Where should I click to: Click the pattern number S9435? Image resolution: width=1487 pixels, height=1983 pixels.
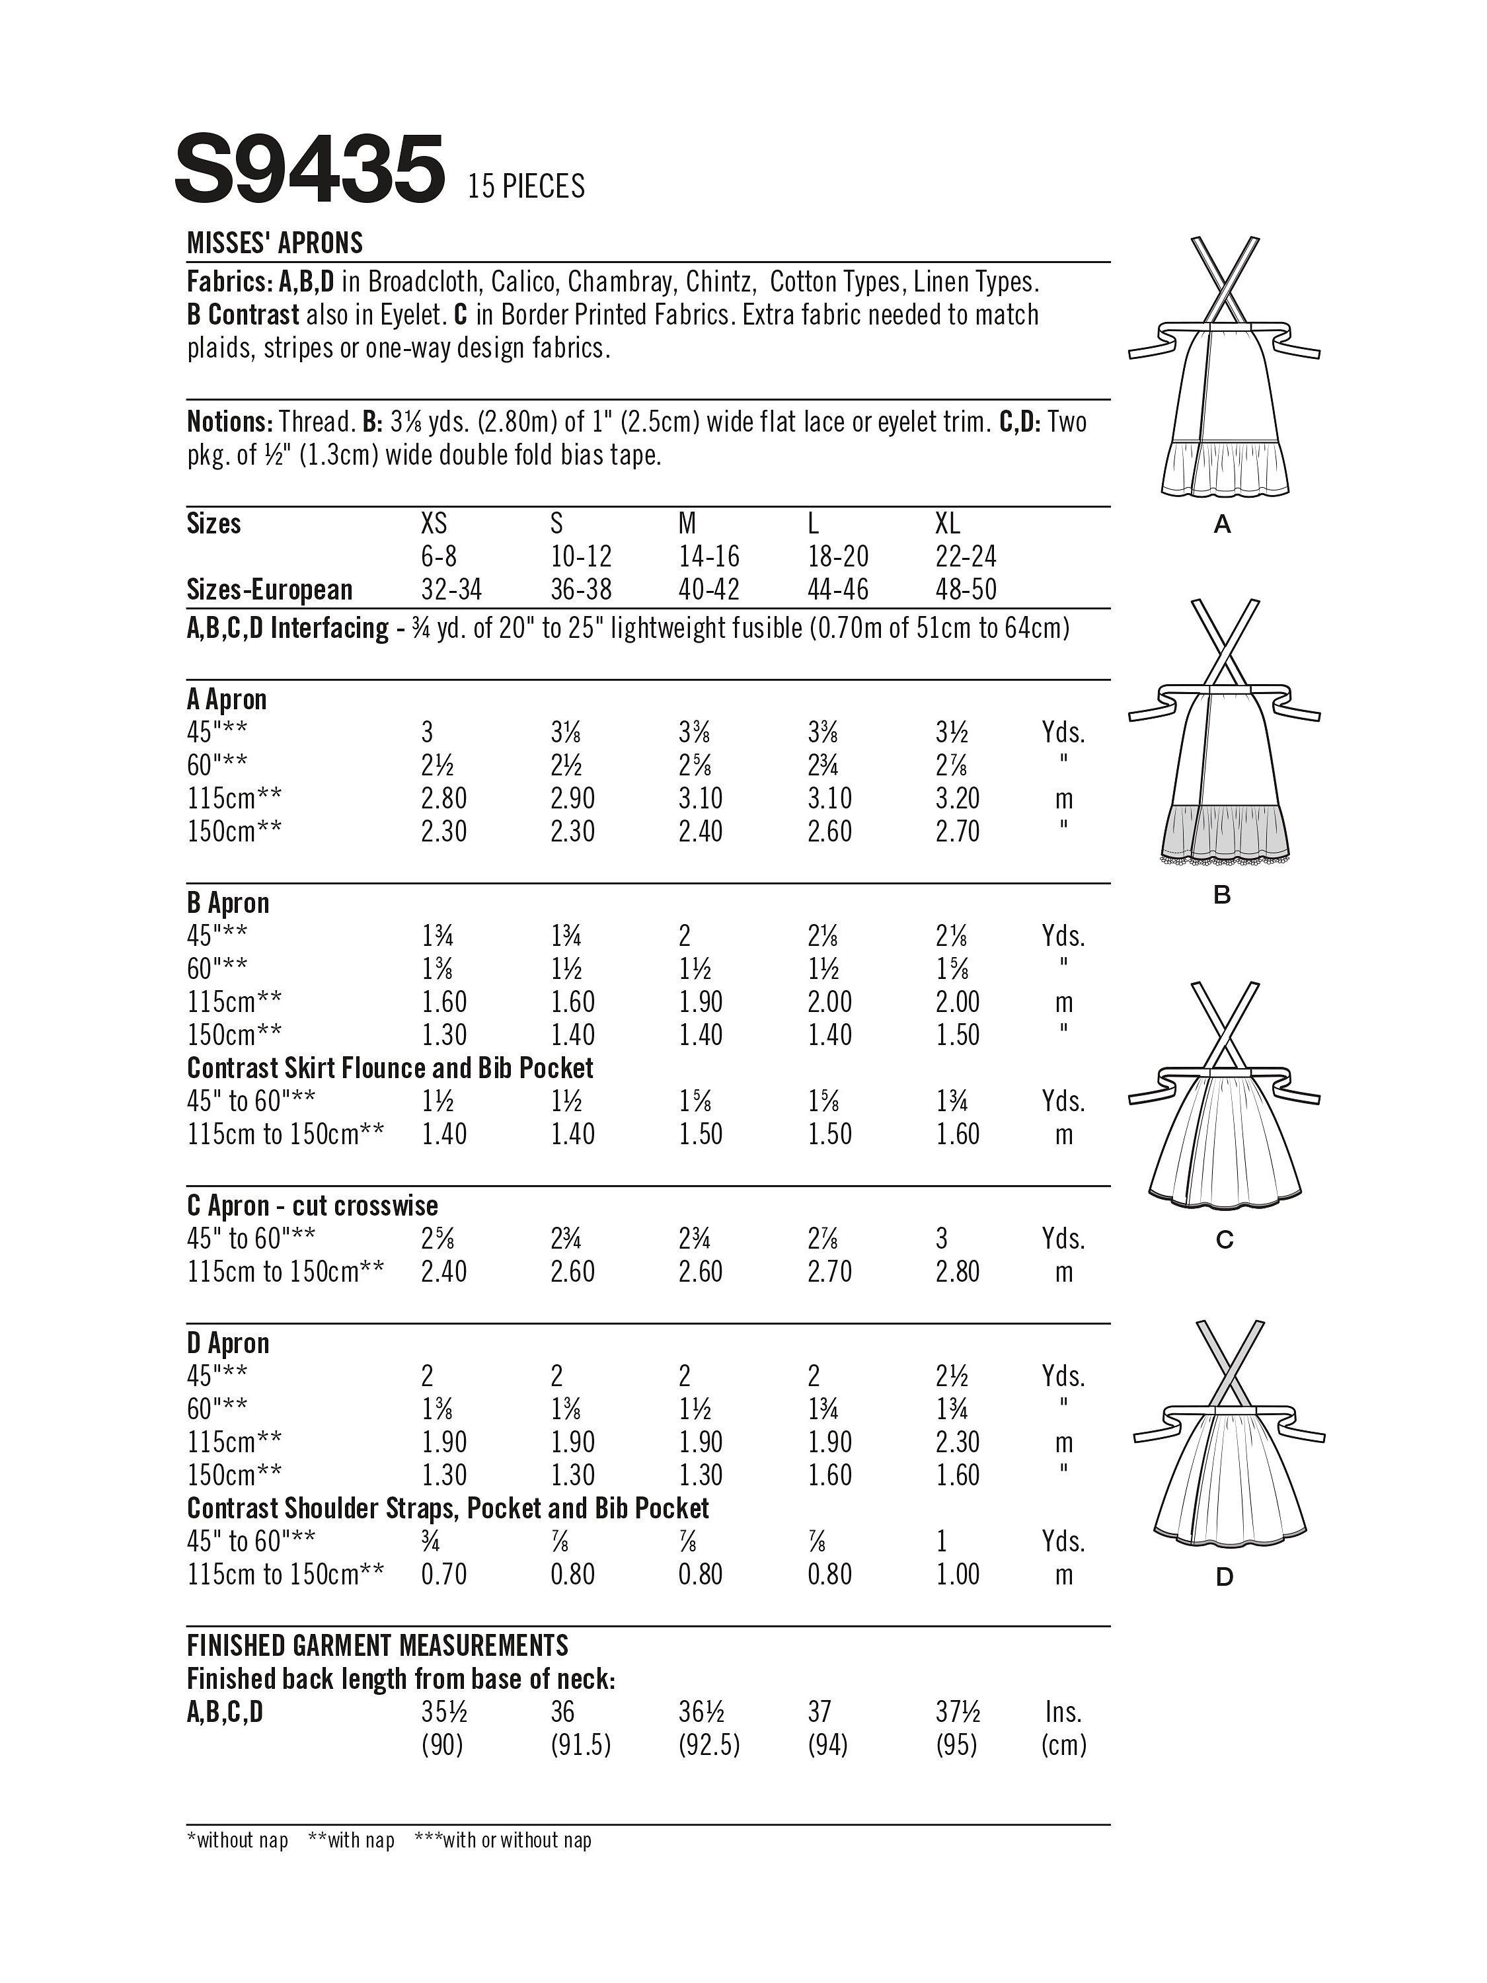(309, 169)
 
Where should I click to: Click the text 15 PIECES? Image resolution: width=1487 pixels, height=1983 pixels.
(525, 186)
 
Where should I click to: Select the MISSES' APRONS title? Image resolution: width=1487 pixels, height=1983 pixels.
(275, 243)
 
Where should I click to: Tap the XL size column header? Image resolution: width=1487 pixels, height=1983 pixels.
(948, 524)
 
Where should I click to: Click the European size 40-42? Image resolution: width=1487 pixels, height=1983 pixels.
(709, 590)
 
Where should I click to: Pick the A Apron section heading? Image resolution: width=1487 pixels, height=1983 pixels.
(227, 699)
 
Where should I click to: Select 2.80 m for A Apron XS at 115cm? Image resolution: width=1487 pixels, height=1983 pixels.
(443, 798)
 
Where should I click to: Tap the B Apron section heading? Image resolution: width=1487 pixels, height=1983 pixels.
(227, 903)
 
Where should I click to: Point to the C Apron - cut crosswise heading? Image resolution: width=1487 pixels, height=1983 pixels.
(312, 1206)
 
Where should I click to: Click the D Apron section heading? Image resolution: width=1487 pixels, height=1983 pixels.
(227, 1343)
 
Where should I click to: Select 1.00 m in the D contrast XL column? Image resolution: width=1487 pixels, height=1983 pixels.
(957, 1575)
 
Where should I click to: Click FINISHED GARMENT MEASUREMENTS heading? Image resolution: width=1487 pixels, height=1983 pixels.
(377, 1646)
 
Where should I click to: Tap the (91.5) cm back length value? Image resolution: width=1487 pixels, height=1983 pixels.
(581, 1746)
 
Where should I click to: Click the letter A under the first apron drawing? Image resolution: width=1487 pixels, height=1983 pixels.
(1222, 525)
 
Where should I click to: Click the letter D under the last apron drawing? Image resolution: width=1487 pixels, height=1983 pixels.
(1225, 1577)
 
